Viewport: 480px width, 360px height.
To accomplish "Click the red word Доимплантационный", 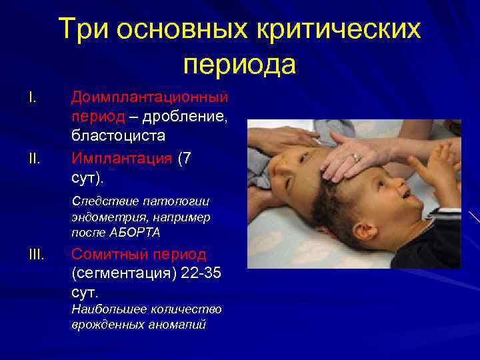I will tap(150, 98).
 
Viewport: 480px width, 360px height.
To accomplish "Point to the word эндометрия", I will tap(100, 217).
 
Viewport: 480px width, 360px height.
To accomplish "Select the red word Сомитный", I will tap(110, 254).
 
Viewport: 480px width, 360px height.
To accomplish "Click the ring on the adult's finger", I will tap(357, 157).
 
